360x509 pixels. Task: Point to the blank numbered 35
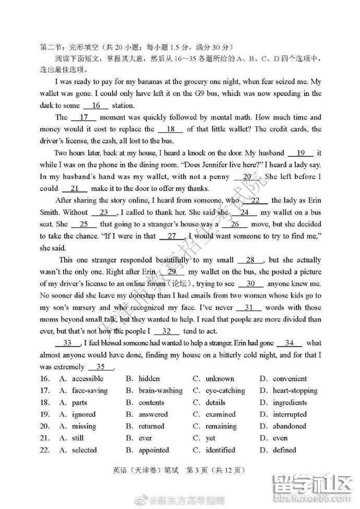pos(101,367)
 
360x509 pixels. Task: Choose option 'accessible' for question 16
pos(87,379)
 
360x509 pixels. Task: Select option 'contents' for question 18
pos(153,403)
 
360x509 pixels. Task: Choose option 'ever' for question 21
pos(145,438)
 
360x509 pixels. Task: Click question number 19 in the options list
pos(44,415)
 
